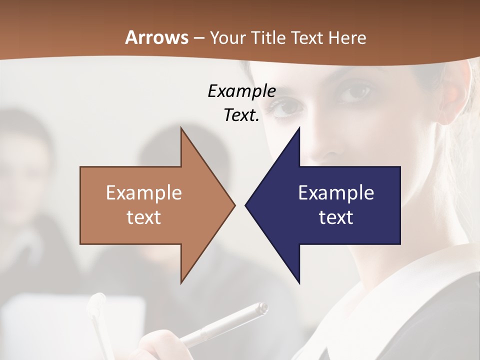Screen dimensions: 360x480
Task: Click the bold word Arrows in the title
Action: (x=156, y=37)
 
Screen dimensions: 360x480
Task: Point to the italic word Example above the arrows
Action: (x=241, y=91)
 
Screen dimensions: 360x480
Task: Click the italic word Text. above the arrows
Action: (x=241, y=115)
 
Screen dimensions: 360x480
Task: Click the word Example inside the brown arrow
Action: (x=144, y=193)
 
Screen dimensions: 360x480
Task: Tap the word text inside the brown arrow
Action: (x=144, y=217)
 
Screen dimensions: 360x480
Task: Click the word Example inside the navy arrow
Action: (x=336, y=193)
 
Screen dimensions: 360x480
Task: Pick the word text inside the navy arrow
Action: (x=336, y=217)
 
